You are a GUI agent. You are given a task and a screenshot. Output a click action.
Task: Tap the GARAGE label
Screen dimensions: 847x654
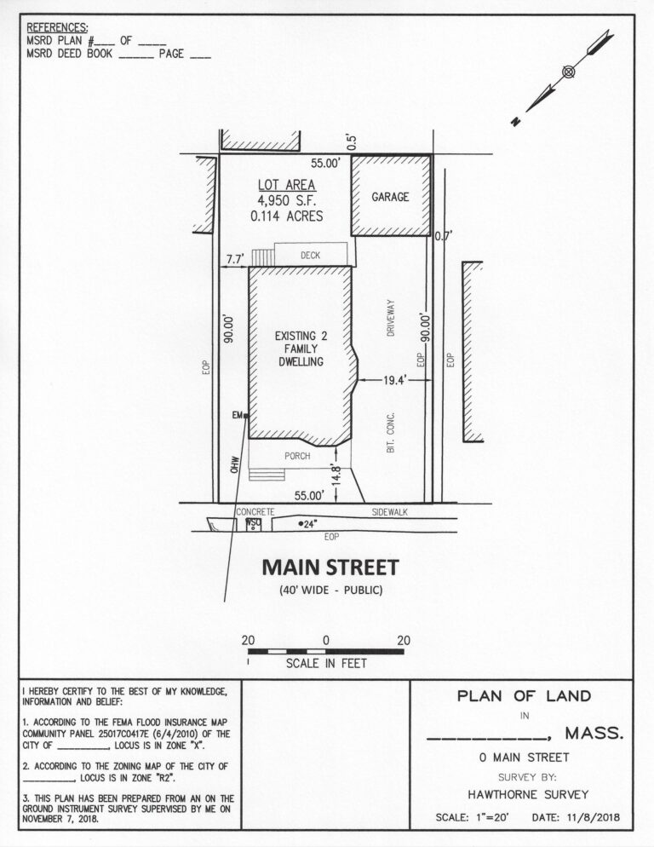click(390, 197)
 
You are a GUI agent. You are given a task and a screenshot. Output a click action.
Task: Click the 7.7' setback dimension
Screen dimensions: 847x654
click(234, 257)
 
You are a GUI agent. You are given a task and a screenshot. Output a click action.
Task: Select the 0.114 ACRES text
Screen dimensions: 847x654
click(287, 216)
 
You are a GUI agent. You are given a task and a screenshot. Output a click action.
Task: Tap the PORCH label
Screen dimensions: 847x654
click(297, 456)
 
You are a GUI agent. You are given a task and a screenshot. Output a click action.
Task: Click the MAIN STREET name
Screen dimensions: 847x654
click(330, 567)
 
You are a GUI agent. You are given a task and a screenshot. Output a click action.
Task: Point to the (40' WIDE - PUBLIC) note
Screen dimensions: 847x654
click(329, 591)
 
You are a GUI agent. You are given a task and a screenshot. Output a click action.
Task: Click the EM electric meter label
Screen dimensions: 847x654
click(238, 415)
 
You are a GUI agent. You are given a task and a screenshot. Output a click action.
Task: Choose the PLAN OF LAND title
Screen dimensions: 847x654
click(524, 696)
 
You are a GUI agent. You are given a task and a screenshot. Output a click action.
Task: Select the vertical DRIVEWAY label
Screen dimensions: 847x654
click(391, 318)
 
